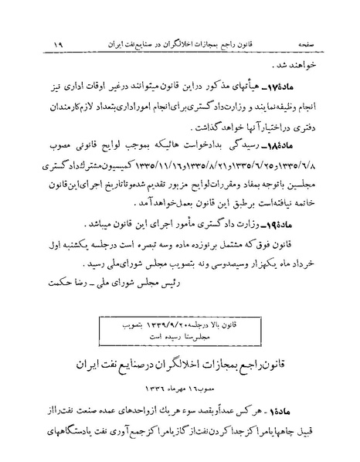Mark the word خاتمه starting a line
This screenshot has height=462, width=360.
314,204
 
